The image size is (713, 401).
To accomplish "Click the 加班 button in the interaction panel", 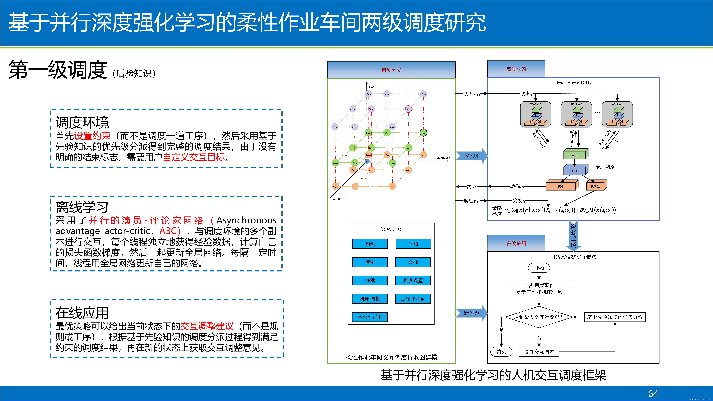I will pos(370,244).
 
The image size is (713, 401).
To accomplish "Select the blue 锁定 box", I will pos(370,262).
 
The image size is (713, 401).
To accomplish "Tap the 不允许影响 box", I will pos(370,317).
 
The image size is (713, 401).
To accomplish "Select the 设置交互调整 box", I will pos(539,352).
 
